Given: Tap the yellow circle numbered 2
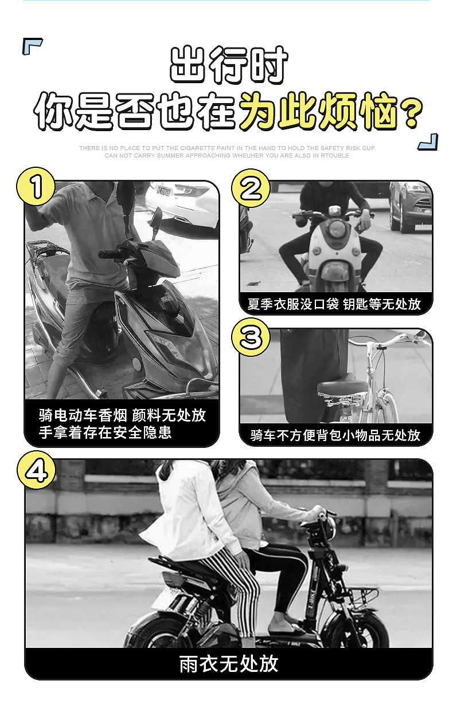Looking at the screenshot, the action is coord(251,188).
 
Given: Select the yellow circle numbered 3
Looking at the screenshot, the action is coord(251,338).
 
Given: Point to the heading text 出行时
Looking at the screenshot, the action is coord(228,65).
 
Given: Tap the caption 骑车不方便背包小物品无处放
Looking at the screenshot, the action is coord(335,435).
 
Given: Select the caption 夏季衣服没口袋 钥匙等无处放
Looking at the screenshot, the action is coord(334,304).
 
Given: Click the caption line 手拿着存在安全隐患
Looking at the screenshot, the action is coord(105,432).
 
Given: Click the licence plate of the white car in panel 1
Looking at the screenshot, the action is coord(163,191).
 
